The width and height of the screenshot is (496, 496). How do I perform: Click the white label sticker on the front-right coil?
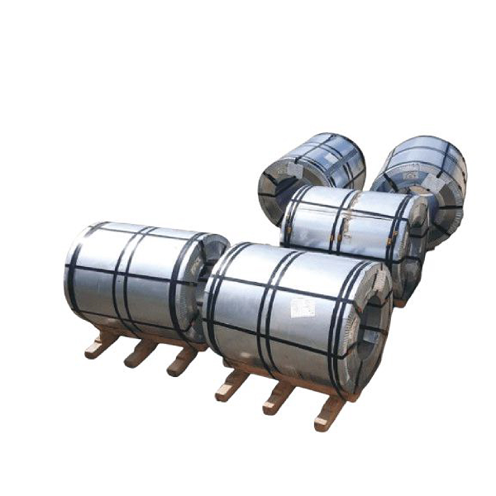[303, 308]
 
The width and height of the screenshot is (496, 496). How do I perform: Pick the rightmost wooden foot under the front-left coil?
[180, 363]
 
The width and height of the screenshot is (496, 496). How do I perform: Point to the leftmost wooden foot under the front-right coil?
[231, 384]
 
